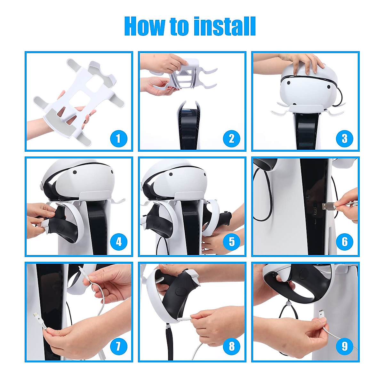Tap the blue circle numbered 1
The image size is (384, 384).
pos(119,139)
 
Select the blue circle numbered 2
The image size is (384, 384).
pos(232,139)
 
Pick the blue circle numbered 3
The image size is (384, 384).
pos(345,139)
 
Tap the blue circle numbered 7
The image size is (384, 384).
pos(119,346)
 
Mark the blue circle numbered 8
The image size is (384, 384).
pos(232,346)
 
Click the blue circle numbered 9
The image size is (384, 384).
pos(345,346)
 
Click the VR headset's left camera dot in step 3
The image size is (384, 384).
pos(288,83)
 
